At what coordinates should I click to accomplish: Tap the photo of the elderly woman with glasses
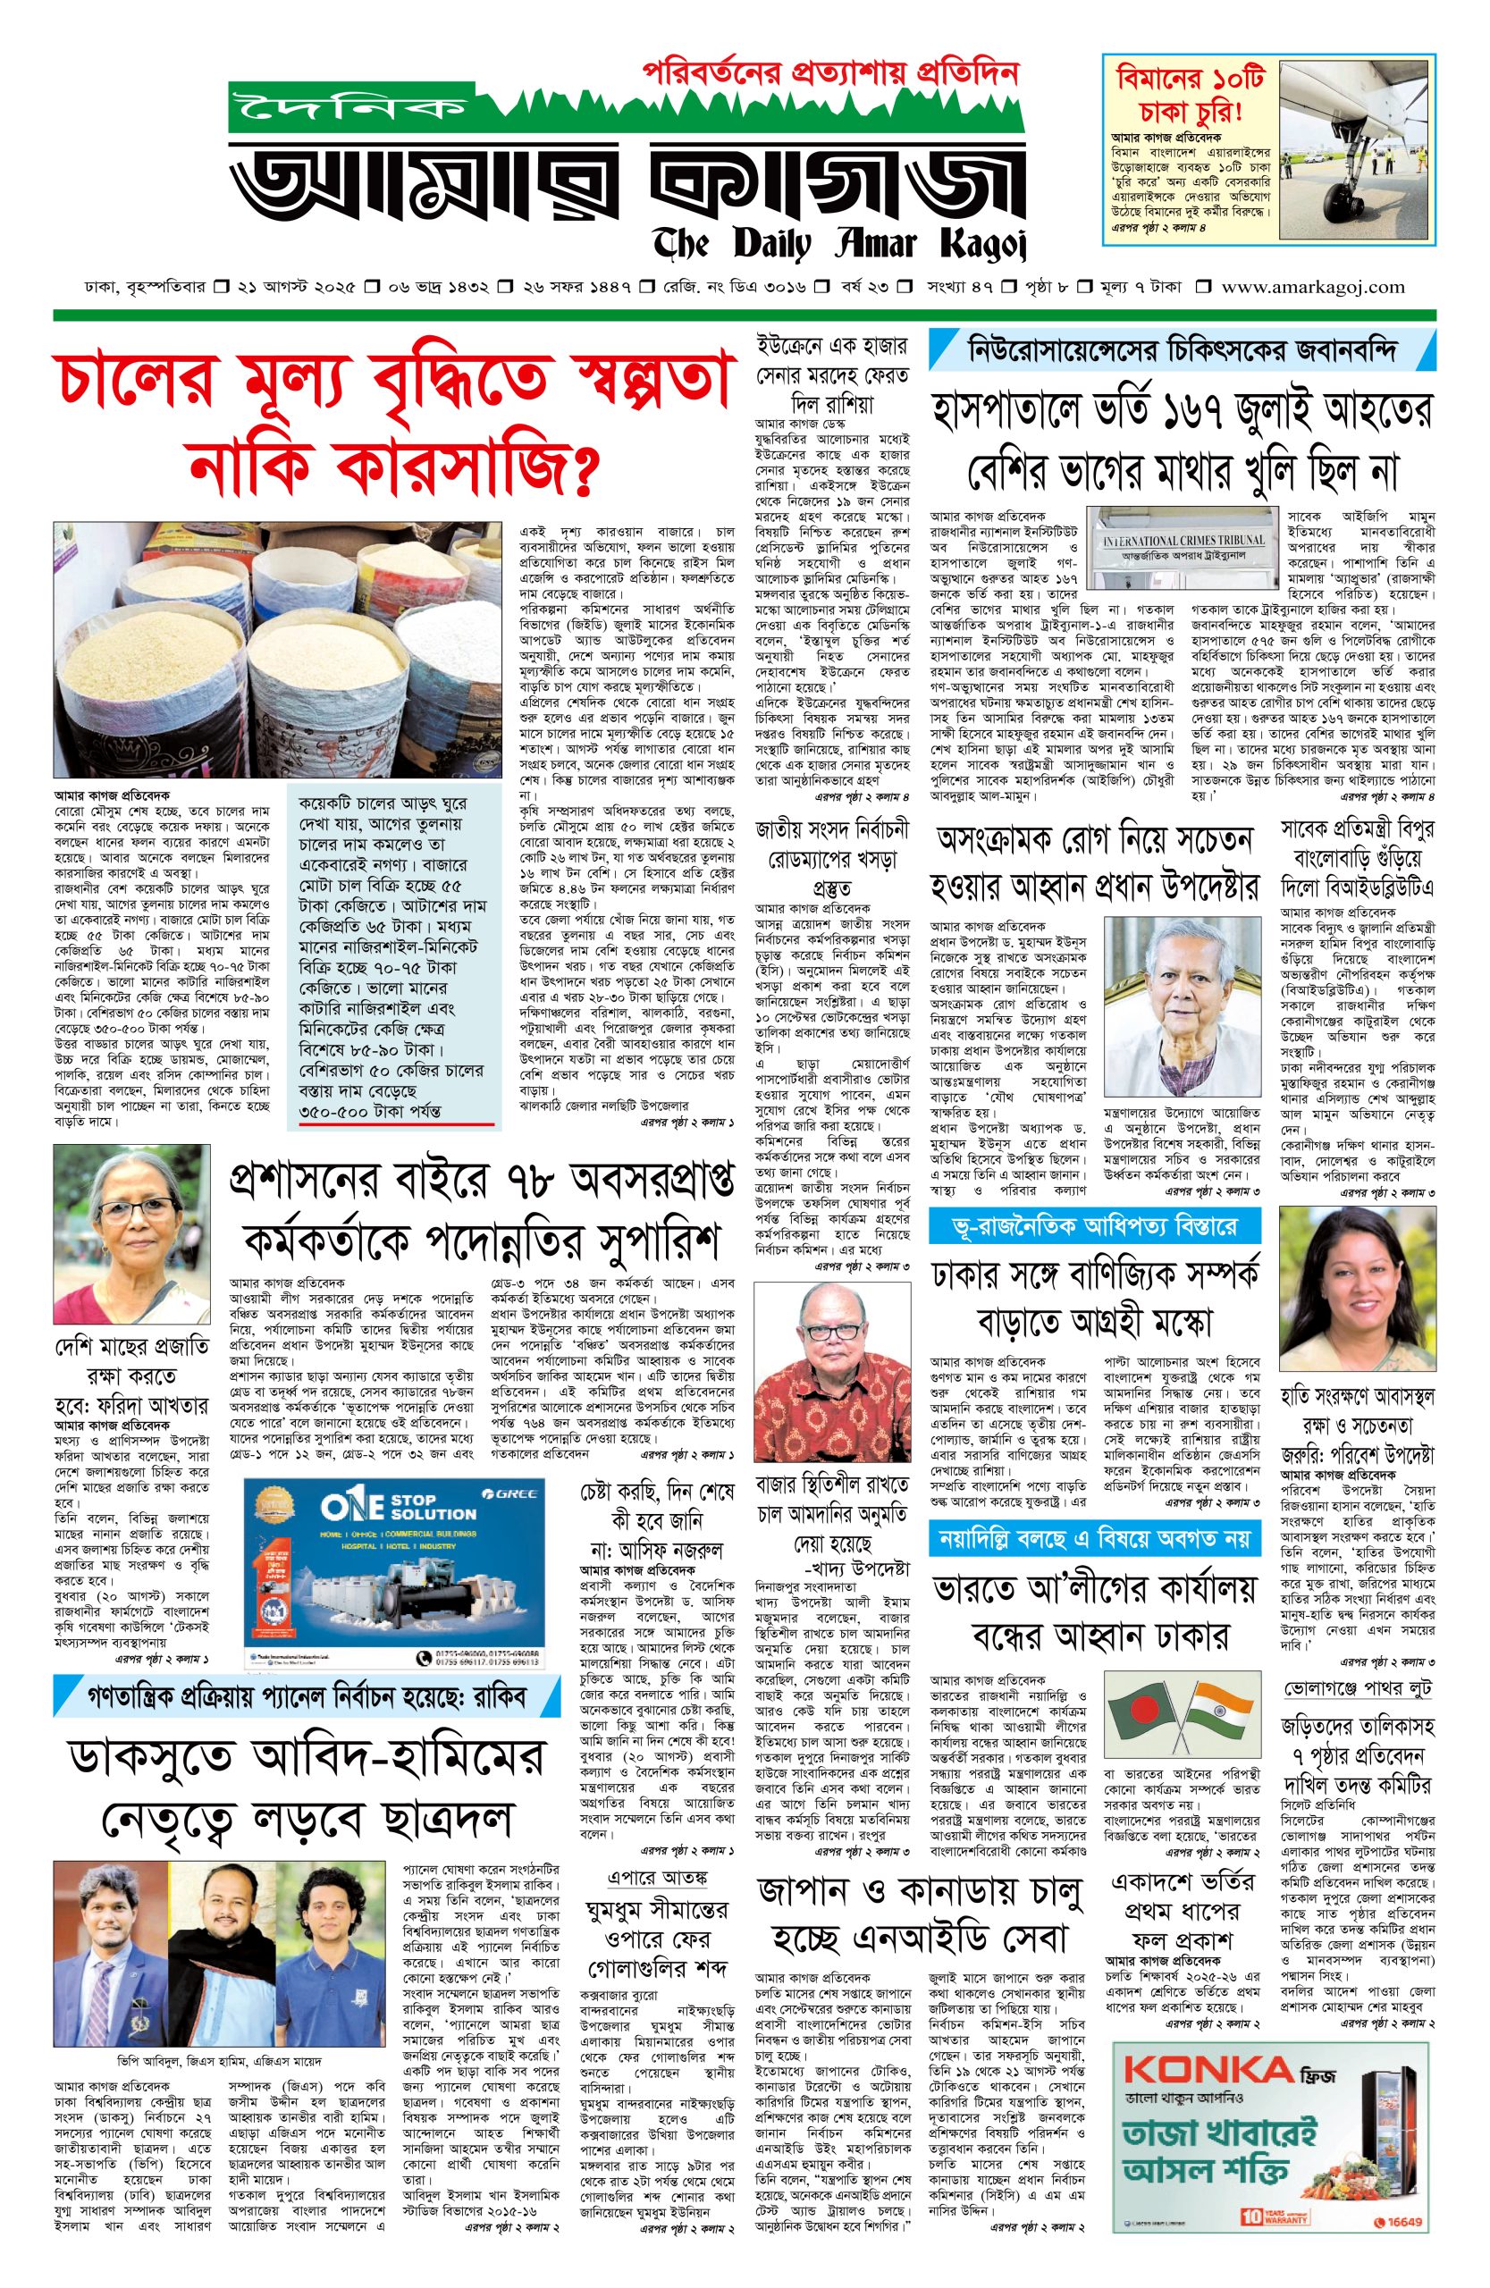130,1233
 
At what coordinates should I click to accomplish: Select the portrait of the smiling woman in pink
1357,1287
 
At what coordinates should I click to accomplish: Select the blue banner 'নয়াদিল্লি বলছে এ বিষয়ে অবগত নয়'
1093,1539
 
